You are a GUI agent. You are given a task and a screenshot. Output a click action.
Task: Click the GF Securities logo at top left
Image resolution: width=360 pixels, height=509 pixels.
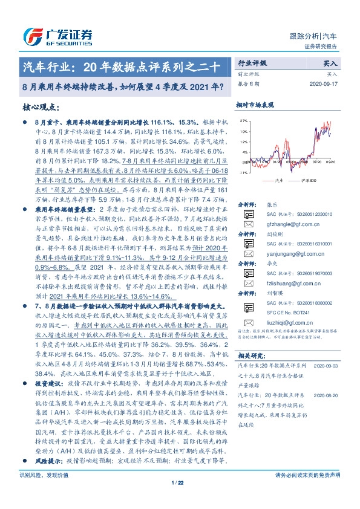(57, 34)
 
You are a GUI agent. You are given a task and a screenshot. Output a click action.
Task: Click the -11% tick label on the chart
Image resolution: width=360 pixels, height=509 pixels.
(244, 172)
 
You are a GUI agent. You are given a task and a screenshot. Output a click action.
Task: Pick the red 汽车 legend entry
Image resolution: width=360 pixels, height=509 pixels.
(277, 181)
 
